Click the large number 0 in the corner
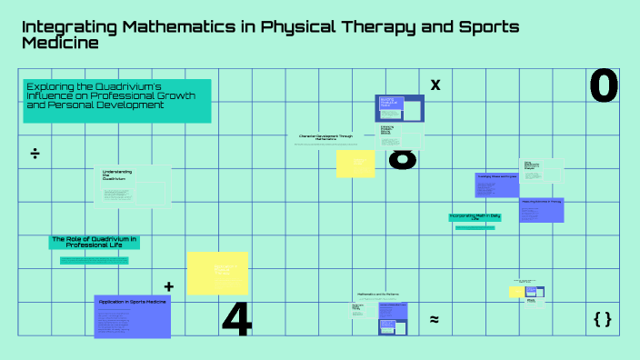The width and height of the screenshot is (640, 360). click(x=604, y=86)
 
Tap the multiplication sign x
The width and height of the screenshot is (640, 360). click(x=435, y=85)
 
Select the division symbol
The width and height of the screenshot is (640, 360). click(x=35, y=153)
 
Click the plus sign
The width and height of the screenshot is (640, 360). click(x=168, y=286)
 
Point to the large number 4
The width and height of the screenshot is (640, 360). click(x=236, y=318)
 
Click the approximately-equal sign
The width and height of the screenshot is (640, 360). click(x=435, y=319)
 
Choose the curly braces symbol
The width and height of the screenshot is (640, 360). click(x=602, y=318)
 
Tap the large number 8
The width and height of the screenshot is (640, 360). click(x=402, y=160)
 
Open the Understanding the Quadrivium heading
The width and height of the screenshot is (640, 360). click(x=117, y=175)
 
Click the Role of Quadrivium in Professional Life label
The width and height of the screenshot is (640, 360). click(x=94, y=242)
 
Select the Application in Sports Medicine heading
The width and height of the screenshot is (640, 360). click(x=132, y=301)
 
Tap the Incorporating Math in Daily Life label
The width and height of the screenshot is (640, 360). click(x=475, y=217)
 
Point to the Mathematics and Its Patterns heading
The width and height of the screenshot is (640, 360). click(x=377, y=295)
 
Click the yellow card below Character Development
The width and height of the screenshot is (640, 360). click(x=355, y=164)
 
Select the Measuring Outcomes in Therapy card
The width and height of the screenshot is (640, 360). click(x=542, y=209)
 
